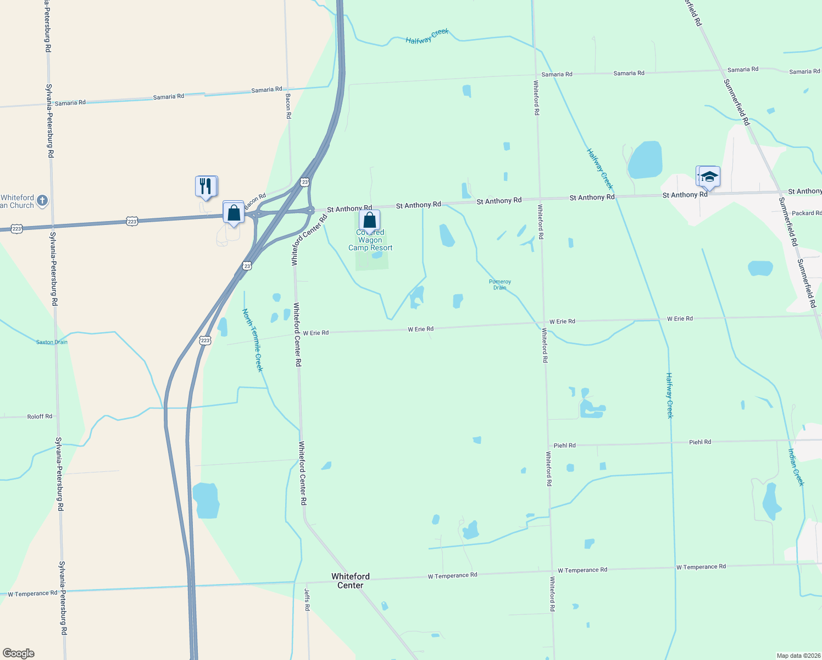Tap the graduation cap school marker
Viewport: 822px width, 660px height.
click(709, 177)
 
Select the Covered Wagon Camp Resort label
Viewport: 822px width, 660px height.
click(370, 240)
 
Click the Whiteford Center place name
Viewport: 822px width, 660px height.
click(351, 581)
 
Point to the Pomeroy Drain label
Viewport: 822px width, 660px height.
click(500, 284)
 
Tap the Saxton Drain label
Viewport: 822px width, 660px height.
click(52, 342)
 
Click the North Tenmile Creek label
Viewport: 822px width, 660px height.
click(252, 340)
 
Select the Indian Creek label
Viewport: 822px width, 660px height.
click(796, 467)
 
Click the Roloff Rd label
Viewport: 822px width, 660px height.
click(40, 416)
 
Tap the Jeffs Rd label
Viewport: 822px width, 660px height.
click(307, 599)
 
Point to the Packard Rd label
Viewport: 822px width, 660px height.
click(806, 213)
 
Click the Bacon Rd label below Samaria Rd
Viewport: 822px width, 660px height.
click(288, 106)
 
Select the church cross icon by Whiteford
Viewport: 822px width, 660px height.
click(43, 201)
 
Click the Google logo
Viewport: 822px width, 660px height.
click(19, 653)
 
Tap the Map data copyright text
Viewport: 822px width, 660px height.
click(798, 656)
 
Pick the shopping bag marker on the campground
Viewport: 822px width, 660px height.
click(370, 220)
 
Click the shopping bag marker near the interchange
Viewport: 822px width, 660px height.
click(234, 212)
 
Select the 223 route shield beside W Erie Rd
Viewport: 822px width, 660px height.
click(205, 340)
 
